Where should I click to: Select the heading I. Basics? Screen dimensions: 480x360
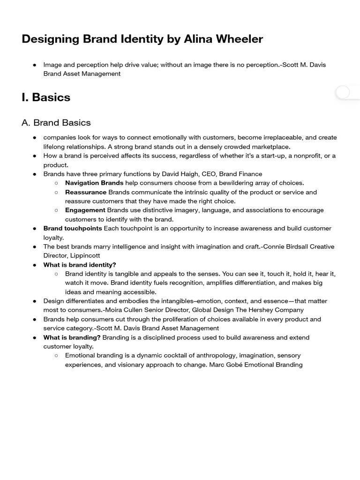pos(46,97)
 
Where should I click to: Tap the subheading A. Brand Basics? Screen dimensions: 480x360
pos(56,123)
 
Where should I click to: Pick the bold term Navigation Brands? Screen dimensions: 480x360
pos(94,183)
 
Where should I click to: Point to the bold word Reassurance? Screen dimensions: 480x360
pos(86,192)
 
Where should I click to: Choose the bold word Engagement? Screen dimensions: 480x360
pos(85,210)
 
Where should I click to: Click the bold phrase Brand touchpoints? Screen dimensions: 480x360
pos(73,228)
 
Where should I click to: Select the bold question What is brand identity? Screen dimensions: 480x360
pos(80,265)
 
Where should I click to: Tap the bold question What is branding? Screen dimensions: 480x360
pos(72,337)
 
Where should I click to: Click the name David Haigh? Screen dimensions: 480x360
pos(180,174)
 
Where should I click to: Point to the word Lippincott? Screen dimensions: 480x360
pos(85,255)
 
